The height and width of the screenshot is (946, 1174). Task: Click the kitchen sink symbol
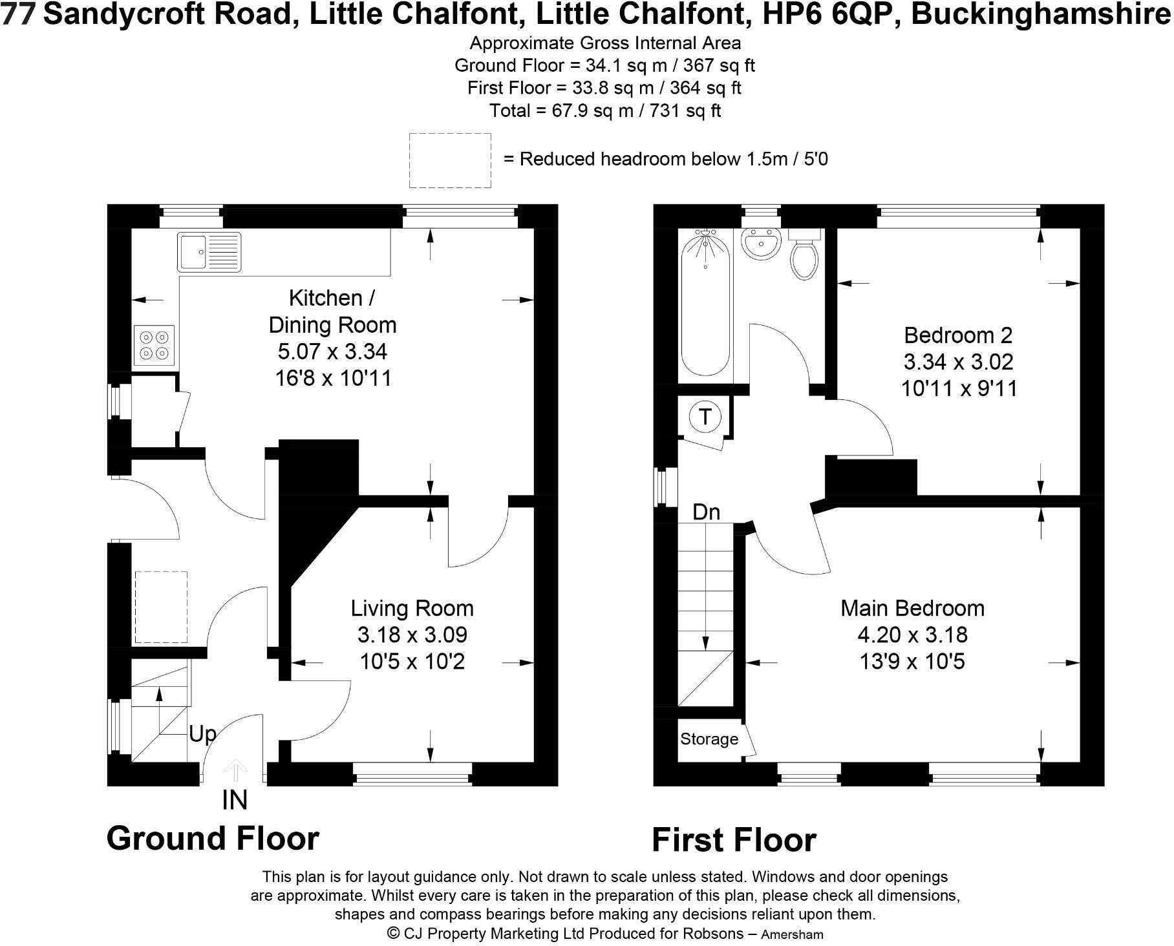pos(208,252)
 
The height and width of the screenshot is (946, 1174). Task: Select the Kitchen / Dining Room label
pos(332,311)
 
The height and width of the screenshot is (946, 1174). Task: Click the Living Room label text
pos(412,608)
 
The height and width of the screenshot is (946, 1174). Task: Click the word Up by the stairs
pos(202,734)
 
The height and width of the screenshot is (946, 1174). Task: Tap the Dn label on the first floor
pos(706,512)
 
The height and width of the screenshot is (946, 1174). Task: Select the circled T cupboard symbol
pos(705,417)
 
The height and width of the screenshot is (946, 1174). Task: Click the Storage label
pos(709,739)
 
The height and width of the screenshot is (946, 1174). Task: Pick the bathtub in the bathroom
pos(705,304)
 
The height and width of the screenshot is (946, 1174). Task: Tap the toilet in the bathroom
pos(804,255)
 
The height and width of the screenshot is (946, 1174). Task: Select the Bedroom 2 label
pos(957,335)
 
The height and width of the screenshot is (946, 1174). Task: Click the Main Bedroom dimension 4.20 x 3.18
pos(912,635)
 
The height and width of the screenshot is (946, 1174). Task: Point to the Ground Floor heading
pos(213,838)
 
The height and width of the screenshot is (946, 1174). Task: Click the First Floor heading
pos(734,840)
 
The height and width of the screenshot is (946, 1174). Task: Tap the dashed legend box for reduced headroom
pos(450,160)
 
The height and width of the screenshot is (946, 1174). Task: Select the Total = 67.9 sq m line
pos(604,110)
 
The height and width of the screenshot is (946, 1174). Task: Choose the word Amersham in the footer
pos(792,934)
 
